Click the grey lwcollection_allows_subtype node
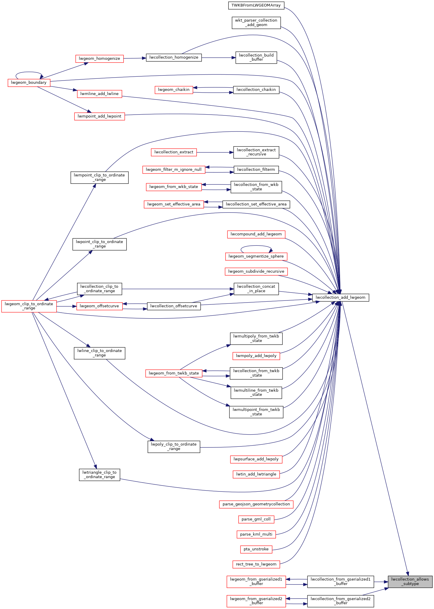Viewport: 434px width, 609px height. [410, 581]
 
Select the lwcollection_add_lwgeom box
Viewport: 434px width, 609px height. [340, 297]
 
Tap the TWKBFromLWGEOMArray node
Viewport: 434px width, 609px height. [256, 5]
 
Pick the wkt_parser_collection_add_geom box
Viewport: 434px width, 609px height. [256, 23]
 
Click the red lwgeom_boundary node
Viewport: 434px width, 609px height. [29, 83]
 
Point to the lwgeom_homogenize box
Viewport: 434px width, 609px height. [99, 59]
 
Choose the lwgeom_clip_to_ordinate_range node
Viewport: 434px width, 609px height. [29, 306]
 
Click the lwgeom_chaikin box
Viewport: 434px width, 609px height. [174, 90]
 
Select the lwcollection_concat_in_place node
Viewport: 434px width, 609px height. [256, 289]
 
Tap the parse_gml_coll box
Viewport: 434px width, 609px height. [256, 519]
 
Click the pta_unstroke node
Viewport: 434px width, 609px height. [256, 549]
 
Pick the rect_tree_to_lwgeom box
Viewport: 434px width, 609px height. [256, 564]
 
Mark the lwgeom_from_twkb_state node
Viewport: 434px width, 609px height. [174, 373]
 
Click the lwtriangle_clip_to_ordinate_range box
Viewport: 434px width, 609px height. [99, 475]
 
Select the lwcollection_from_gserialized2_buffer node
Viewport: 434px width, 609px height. [340, 601]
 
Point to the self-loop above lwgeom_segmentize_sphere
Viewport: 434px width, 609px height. [256, 246]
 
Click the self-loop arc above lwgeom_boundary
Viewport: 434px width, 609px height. [29, 72]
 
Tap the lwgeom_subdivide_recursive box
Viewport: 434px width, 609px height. [256, 271]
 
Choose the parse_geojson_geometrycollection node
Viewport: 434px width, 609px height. [256, 504]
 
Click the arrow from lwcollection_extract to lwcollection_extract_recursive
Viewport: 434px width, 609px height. [215, 152]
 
